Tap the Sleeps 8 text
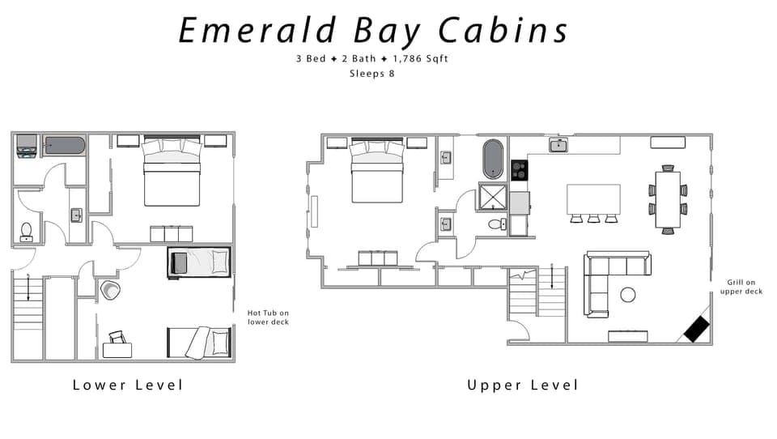click(x=372, y=74)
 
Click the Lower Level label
click(x=128, y=385)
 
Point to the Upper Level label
click(x=523, y=385)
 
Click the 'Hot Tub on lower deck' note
click(x=268, y=317)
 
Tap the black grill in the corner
click(x=697, y=328)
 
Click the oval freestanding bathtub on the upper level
click(x=493, y=159)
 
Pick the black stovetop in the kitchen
click(x=519, y=170)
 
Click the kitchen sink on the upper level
click(x=558, y=145)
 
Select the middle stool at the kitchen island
click(x=593, y=219)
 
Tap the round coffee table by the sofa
click(x=628, y=294)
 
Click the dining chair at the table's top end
click(x=668, y=168)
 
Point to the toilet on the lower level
click(x=26, y=232)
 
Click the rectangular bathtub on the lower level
click(x=64, y=147)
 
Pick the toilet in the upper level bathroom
click(x=495, y=224)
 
